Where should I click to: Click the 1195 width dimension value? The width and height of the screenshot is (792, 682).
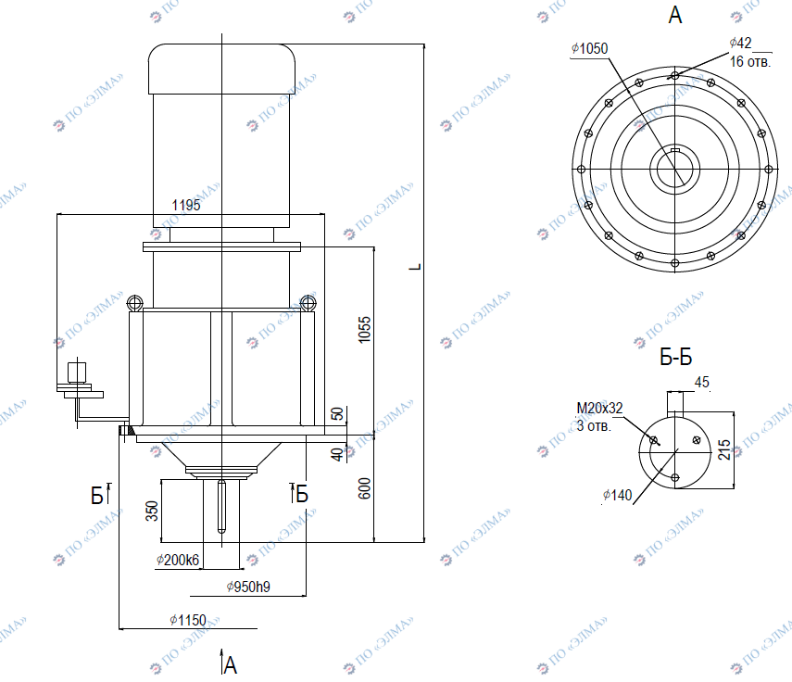[186, 205]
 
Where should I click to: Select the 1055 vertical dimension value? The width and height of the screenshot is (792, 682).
[364, 330]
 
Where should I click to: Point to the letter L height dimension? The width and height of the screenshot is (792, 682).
[415, 267]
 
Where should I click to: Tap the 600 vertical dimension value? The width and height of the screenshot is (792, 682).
[364, 488]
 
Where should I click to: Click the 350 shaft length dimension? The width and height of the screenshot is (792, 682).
[152, 511]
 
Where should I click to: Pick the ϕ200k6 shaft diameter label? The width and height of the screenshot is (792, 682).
[178, 560]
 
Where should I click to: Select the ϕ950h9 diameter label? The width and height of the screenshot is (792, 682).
[248, 587]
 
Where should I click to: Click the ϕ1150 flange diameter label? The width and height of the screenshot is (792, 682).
[188, 620]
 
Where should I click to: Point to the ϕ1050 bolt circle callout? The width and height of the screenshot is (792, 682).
[589, 48]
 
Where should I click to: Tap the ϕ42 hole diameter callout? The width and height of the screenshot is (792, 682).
[740, 43]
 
